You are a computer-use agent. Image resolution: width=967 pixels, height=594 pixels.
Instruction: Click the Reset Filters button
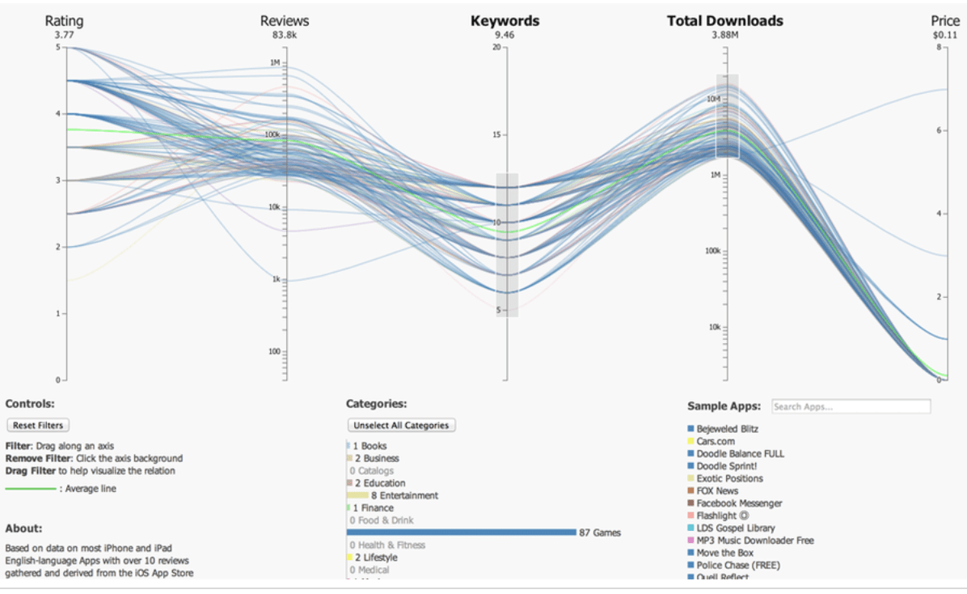click(37, 425)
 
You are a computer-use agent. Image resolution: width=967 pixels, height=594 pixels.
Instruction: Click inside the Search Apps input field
click(851, 406)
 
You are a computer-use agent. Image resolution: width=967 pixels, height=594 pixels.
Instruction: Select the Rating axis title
click(64, 21)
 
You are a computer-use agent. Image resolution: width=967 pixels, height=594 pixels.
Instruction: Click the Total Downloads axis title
click(724, 21)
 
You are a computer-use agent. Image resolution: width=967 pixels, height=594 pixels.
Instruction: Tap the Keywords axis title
click(505, 21)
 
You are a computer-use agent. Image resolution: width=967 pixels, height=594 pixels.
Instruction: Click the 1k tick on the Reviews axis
click(275, 279)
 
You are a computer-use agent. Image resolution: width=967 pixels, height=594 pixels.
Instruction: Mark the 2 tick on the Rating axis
click(57, 247)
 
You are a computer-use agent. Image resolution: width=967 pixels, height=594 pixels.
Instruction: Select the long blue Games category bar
click(461, 532)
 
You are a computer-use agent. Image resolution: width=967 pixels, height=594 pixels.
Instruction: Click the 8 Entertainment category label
click(404, 495)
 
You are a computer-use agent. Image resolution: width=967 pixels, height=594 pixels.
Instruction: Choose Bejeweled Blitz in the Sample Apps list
click(727, 429)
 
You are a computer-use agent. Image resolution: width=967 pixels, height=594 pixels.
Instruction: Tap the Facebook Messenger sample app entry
click(739, 503)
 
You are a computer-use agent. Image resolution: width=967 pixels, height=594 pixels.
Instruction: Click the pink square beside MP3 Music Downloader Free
click(690, 541)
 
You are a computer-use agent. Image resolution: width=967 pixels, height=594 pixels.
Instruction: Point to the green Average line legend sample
click(31, 489)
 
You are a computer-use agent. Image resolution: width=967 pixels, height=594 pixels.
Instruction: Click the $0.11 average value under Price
click(944, 35)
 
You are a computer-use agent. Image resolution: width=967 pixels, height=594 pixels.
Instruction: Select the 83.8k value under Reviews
click(284, 35)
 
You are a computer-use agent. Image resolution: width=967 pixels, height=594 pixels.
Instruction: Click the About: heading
click(23, 528)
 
